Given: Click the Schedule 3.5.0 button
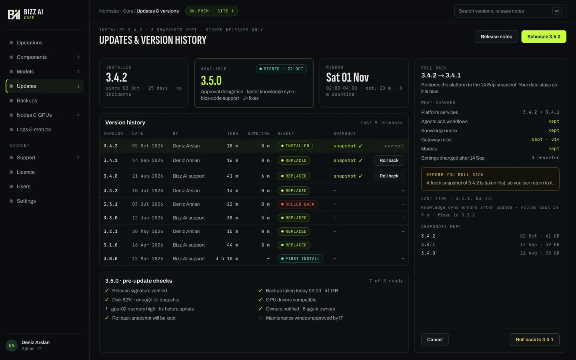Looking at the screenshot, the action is point(544,36).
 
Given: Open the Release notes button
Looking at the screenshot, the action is point(496,36).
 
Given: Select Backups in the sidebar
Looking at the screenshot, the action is point(27,100).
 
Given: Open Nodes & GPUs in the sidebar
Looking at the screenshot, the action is point(34,115).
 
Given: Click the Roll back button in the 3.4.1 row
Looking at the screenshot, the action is point(389,160).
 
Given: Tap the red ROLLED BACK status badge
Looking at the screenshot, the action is point(298,204).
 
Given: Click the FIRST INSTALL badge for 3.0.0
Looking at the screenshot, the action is point(300,259).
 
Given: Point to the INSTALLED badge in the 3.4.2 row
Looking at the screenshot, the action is point(295,146).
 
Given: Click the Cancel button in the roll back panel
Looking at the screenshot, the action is point(435,340).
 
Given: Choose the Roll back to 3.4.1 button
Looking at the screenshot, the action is point(534,340).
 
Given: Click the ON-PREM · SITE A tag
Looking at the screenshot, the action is point(211,11).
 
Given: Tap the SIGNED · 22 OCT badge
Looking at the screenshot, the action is point(281,69).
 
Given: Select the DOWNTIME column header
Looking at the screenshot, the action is point(259,134).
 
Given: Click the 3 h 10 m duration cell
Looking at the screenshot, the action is point(227,259).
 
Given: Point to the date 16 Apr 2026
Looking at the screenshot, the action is point(148,245).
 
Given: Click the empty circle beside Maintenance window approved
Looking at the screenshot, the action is point(261,318).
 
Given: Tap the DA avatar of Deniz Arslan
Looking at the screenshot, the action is point(12,345).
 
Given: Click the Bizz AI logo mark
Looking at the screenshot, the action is point(14,14).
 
